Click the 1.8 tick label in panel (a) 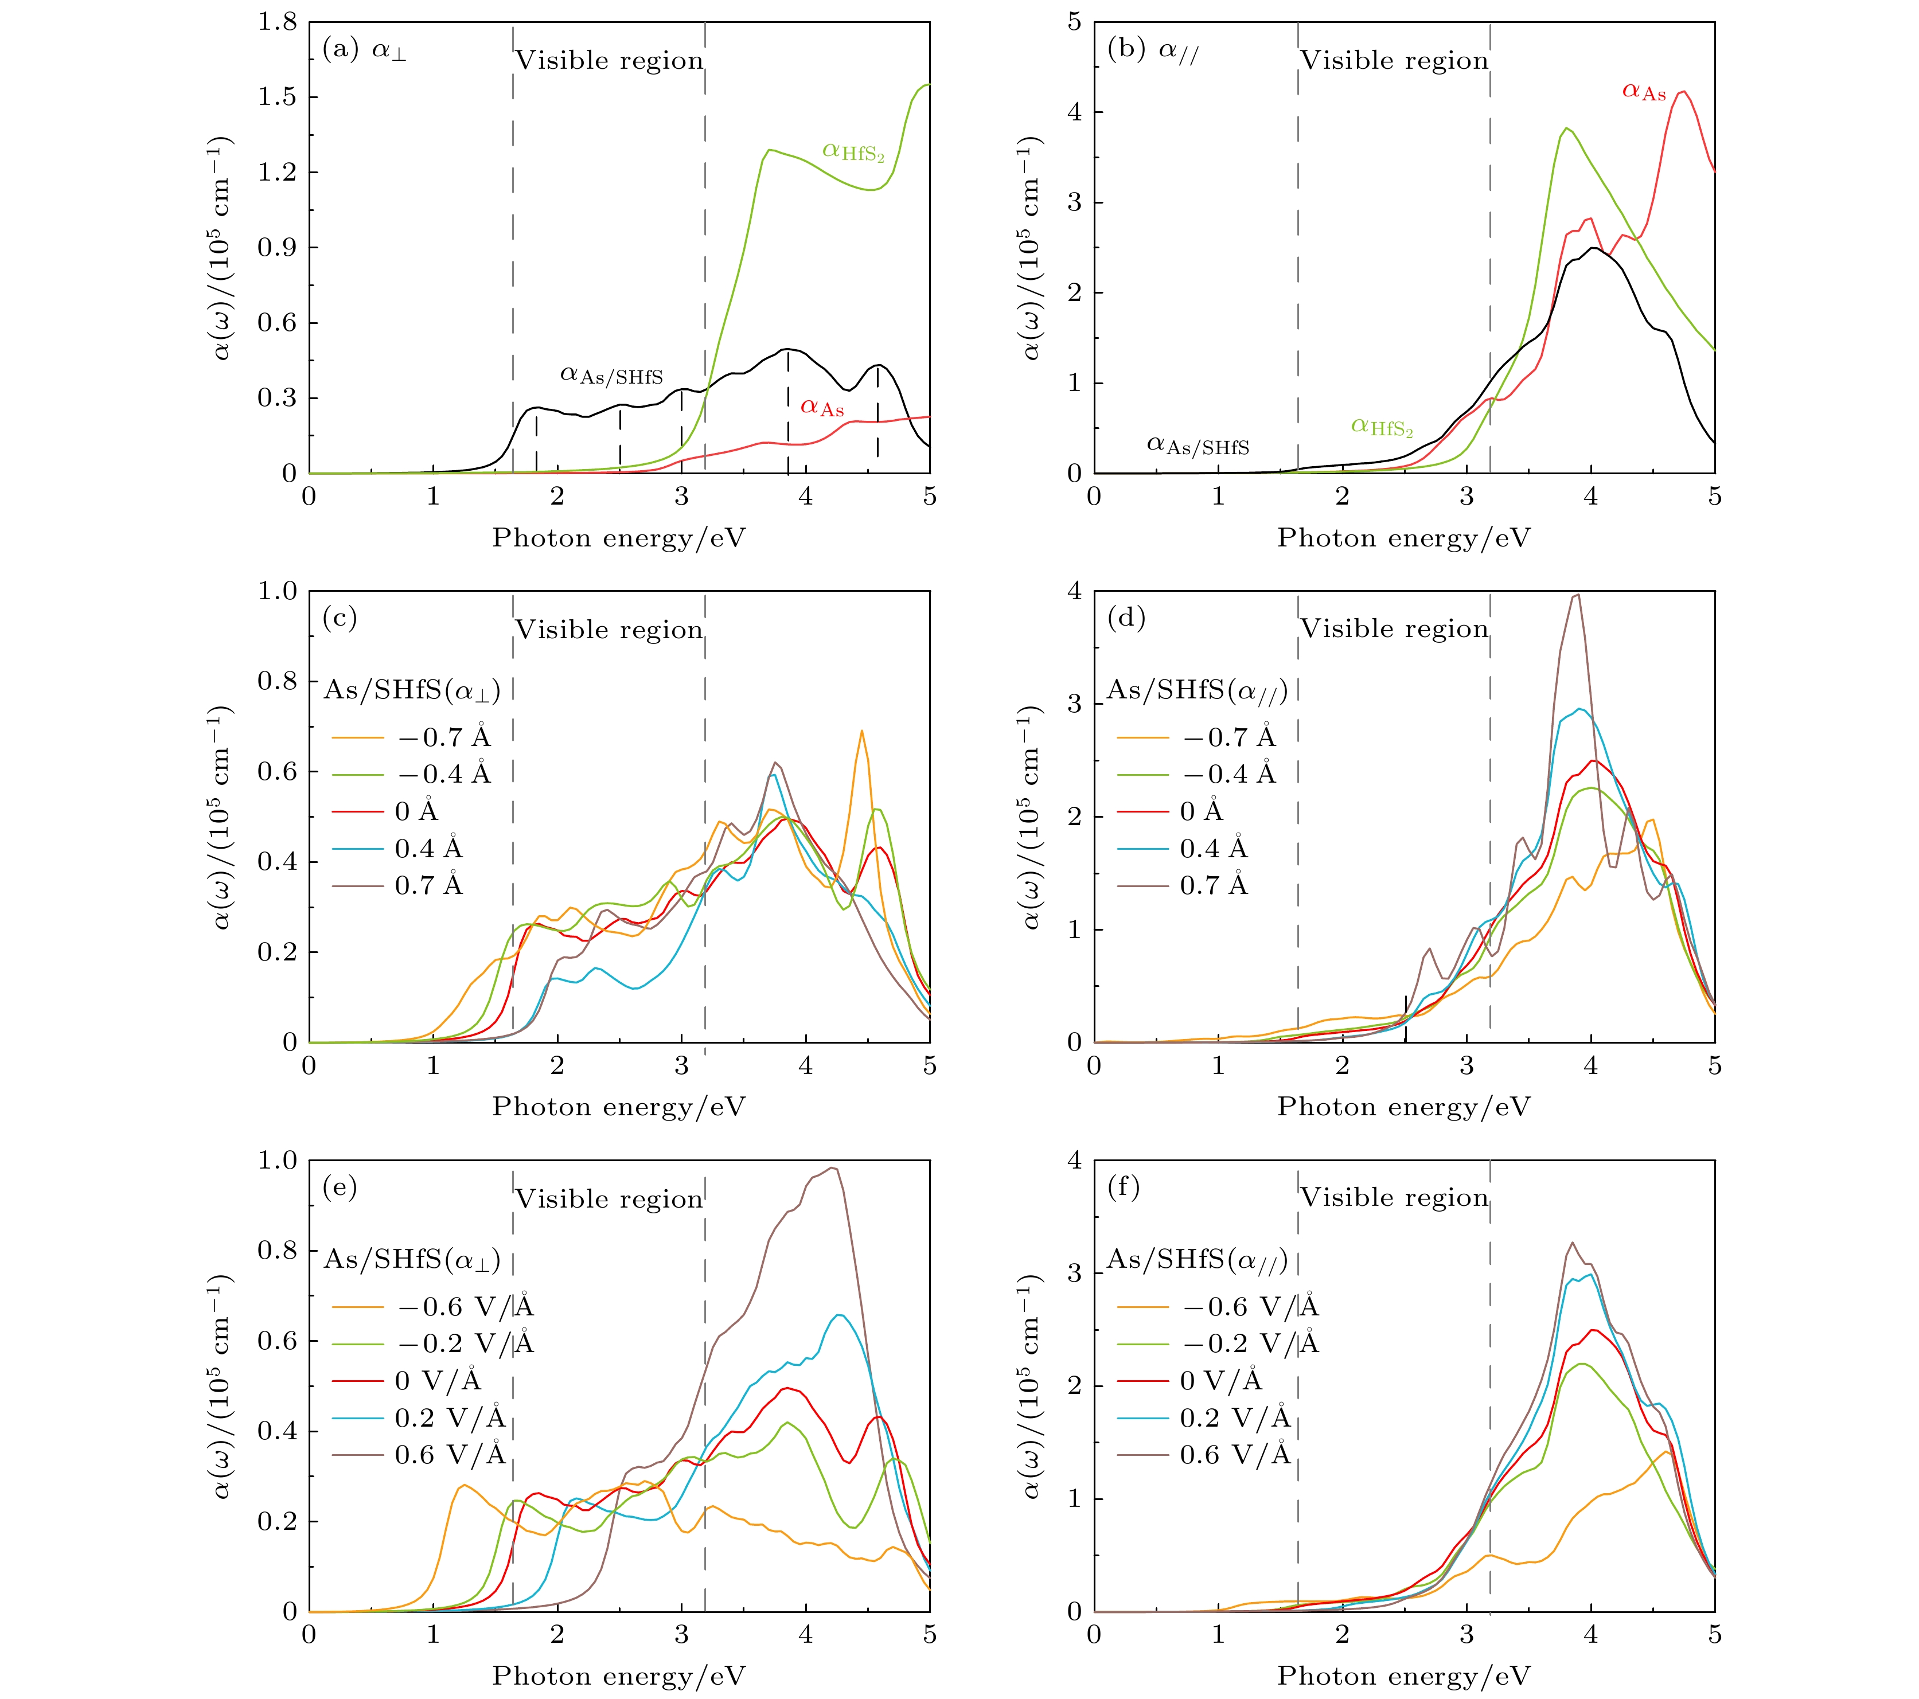pyautogui.click(x=277, y=22)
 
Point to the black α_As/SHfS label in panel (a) pyautogui.click(x=611, y=376)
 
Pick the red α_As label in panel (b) pyautogui.click(x=1644, y=92)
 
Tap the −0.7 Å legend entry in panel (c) pyautogui.click(x=411, y=737)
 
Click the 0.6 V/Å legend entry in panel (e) pyautogui.click(x=419, y=1455)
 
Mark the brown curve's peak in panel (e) pyautogui.click(x=832, y=1167)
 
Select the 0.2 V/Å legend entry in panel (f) pyautogui.click(x=1204, y=1417)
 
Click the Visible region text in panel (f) pyautogui.click(x=1394, y=1198)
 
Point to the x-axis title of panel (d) pyautogui.click(x=1403, y=1107)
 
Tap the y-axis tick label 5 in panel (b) pyautogui.click(x=1074, y=22)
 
